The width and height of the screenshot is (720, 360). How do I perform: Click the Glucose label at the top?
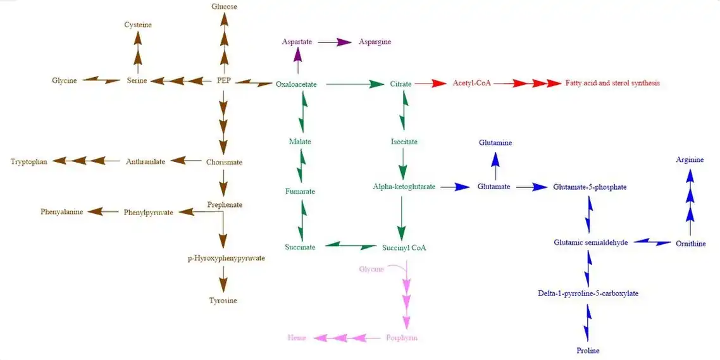(224, 6)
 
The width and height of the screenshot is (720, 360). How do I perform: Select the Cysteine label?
(138, 25)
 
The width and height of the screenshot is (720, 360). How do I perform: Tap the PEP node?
(224, 80)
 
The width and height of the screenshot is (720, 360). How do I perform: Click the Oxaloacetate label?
(296, 84)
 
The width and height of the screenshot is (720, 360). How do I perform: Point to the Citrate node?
(400, 84)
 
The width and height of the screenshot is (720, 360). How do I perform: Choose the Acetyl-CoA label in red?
(471, 83)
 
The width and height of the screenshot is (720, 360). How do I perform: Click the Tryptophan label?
(29, 161)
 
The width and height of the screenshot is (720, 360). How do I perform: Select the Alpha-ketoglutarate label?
(404, 187)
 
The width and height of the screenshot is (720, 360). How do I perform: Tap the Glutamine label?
(495, 143)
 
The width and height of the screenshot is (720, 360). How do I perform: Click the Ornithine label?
(690, 244)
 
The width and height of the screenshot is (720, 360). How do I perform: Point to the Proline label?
(588, 351)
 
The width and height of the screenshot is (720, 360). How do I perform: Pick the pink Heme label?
(297, 338)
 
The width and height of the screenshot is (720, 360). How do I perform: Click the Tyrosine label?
(223, 301)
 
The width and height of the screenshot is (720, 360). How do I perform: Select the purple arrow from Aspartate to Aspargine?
(335, 42)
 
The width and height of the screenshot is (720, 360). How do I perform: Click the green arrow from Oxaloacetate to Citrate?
(352, 84)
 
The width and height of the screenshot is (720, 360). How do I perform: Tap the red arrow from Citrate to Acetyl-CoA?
(431, 84)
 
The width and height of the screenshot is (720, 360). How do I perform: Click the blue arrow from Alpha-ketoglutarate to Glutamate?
(456, 187)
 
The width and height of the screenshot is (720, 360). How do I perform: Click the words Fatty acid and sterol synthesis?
(612, 83)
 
